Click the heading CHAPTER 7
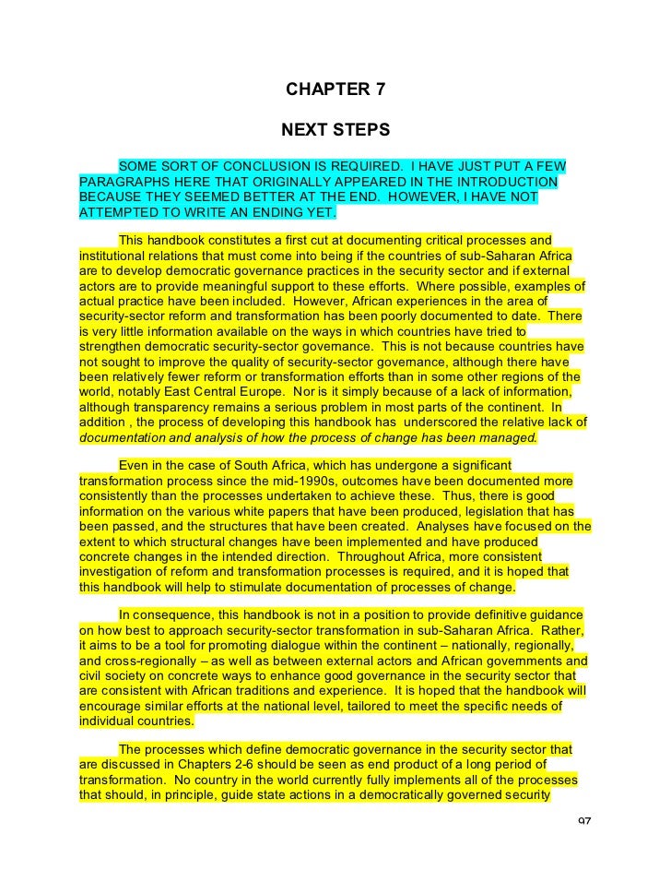335,90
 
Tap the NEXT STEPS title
335,131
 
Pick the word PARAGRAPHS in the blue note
123,181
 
